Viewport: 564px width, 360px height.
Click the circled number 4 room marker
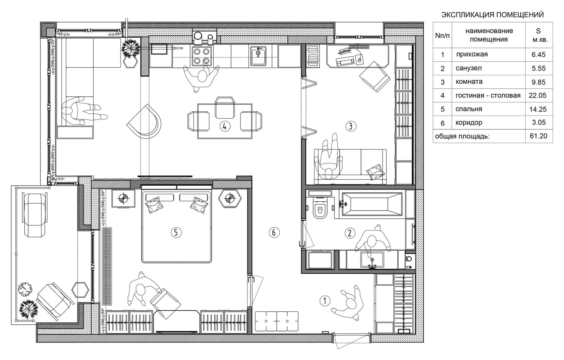225,126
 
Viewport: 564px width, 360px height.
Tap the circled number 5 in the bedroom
176,232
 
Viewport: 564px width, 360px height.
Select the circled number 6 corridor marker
274,232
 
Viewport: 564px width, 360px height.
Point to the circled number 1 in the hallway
325,300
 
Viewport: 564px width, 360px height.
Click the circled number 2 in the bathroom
349,233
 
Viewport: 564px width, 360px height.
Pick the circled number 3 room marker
351,126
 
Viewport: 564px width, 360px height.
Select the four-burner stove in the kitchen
202,56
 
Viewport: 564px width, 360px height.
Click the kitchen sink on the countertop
258,56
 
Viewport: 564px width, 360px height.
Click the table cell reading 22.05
538,95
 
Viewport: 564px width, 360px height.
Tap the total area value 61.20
539,136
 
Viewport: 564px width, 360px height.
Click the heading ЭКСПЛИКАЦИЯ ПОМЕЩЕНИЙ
492,14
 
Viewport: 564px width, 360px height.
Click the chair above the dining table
225,107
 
